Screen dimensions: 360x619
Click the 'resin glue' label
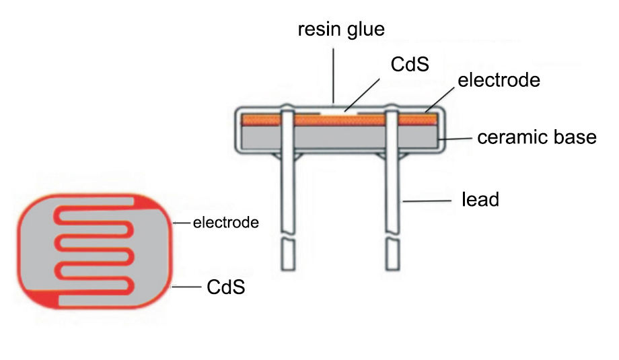(x=341, y=30)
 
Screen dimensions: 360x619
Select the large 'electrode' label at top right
(x=499, y=81)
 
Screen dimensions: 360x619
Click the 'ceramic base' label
(x=537, y=137)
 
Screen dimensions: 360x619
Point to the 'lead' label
(x=480, y=199)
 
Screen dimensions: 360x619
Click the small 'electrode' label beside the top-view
(x=226, y=222)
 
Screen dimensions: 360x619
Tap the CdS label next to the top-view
(x=225, y=287)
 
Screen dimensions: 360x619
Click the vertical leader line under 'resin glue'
(x=333, y=74)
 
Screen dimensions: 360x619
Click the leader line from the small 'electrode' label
(x=182, y=223)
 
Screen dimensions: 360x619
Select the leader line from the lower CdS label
(x=187, y=287)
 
